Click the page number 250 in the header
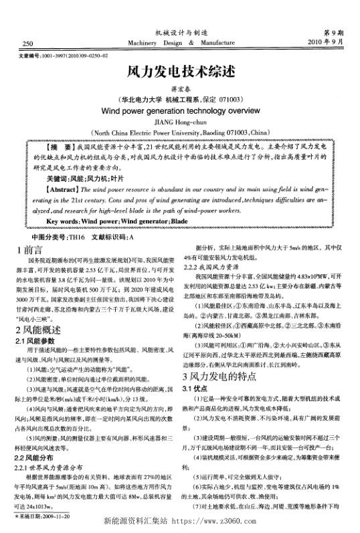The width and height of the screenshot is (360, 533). (x=28, y=44)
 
